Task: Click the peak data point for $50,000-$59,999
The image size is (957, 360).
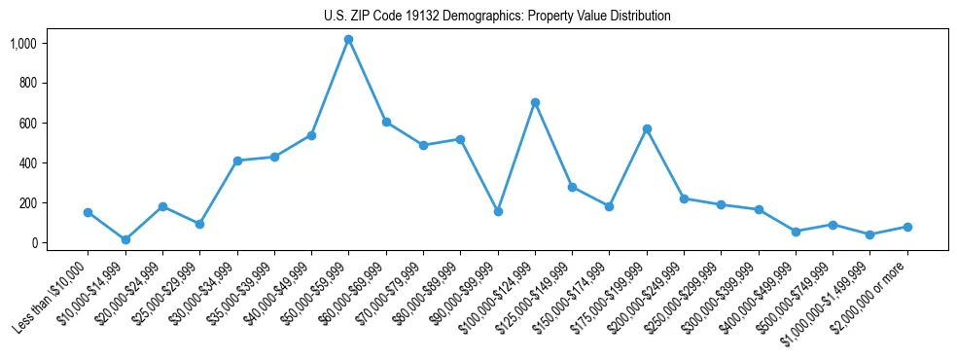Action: (348, 40)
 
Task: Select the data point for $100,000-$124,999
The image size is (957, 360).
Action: (535, 102)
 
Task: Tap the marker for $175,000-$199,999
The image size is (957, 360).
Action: (647, 128)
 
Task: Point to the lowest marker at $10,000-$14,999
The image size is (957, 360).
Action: (125, 239)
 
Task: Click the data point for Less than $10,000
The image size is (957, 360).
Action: (88, 212)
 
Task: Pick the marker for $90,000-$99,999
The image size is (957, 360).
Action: (498, 211)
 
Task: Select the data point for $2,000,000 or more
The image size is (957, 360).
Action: (907, 227)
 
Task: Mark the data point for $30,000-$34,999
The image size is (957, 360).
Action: (237, 161)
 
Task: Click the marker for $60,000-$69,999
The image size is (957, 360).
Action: (386, 123)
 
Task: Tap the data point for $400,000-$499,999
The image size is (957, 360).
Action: (796, 232)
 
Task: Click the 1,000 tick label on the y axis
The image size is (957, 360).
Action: (22, 44)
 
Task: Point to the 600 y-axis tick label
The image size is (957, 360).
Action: (26, 124)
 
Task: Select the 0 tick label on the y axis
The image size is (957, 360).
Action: (32, 243)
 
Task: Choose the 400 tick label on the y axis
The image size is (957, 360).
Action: (26, 163)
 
